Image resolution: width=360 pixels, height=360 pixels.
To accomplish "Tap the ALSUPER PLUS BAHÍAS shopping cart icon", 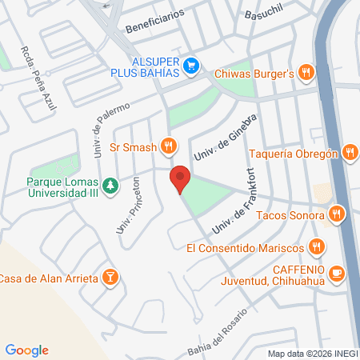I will tap(190, 66).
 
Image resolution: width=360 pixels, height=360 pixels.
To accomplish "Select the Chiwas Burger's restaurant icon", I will tap(306, 73).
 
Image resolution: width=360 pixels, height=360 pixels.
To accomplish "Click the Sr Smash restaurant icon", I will tap(168, 146).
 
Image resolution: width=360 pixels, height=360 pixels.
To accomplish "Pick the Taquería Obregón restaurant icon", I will tap(349, 154).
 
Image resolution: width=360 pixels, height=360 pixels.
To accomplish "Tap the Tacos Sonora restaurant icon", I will tap(337, 214).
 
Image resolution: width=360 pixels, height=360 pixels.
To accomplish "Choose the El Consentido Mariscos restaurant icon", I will tap(318, 248).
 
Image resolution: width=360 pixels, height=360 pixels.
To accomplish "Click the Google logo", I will tap(26, 350).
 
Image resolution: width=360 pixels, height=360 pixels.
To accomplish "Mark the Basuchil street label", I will tap(264, 14).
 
